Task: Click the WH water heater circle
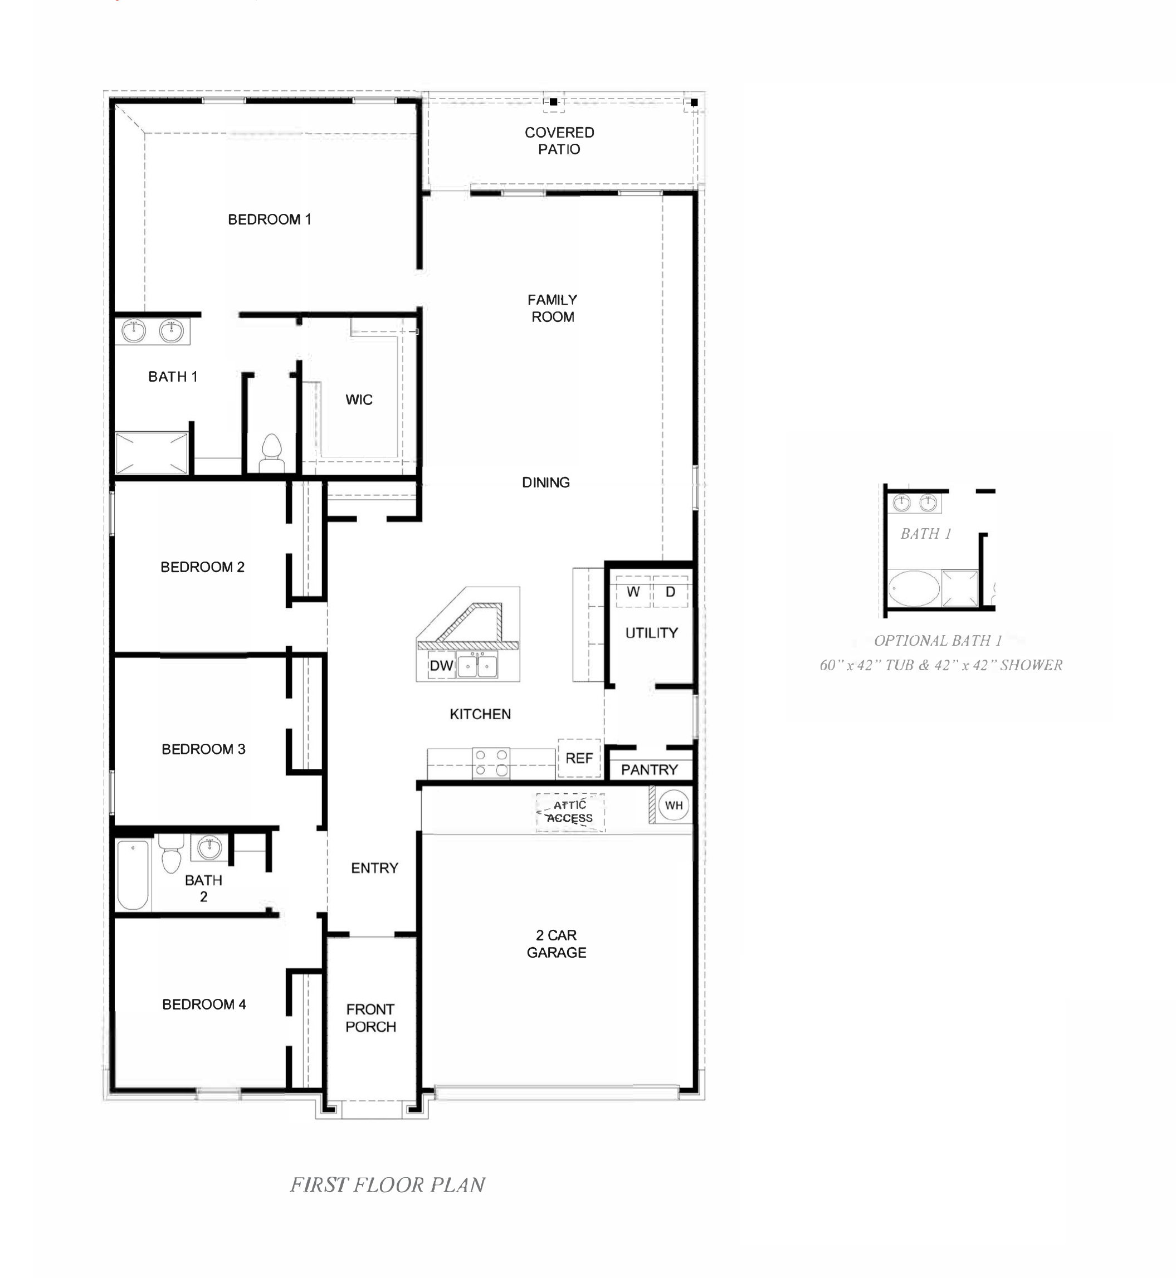[x=674, y=805]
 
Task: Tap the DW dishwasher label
[x=441, y=666]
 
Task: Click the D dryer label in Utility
[x=670, y=592]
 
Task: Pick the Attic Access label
[x=569, y=812]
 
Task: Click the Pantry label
[x=649, y=769]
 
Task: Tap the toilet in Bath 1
[x=272, y=452]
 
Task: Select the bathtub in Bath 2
[x=133, y=875]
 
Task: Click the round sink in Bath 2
[x=209, y=848]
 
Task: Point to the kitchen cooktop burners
[x=491, y=763]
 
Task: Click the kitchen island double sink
[x=477, y=666]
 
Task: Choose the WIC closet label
[x=359, y=399]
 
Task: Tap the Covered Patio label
[x=559, y=140]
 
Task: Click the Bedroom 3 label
[x=204, y=749]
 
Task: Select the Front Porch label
[x=370, y=1018]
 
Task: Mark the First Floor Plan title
[x=388, y=1184]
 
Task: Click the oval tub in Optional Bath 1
[x=914, y=588]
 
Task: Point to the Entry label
[x=375, y=868]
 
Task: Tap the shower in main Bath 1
[x=152, y=453]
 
